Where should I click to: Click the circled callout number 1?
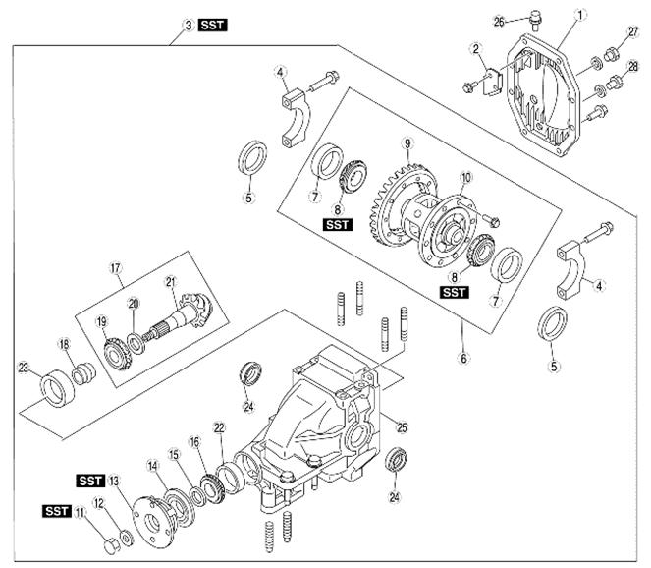[581, 15]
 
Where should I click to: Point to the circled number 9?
[406, 144]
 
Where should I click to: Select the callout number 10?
[466, 178]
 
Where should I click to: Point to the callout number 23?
[24, 370]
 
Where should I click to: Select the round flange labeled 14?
[149, 505]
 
